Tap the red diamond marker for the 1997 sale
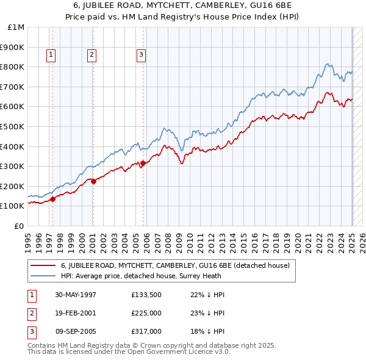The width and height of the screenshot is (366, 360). (x=53, y=198)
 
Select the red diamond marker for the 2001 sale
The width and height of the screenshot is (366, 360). (x=93, y=181)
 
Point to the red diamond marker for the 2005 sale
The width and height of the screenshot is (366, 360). (x=143, y=163)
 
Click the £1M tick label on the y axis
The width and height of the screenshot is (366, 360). (x=17, y=27)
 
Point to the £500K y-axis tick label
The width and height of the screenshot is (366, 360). (x=13, y=126)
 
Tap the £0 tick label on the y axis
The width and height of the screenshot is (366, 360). (x=19, y=226)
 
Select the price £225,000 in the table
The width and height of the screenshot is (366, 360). (x=146, y=313)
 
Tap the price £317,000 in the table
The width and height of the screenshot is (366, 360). (x=146, y=331)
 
